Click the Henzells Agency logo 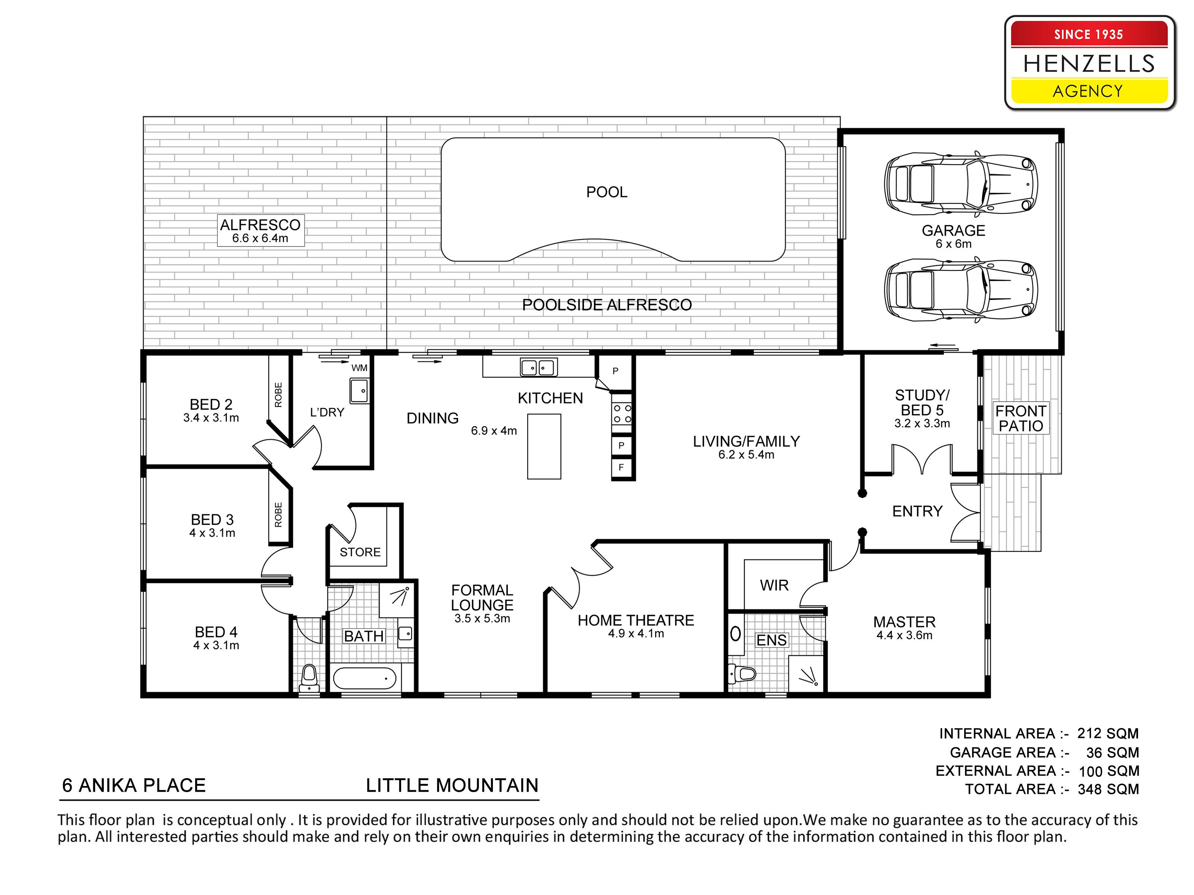click(x=1089, y=63)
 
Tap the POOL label click(x=607, y=192)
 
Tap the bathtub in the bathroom click(x=364, y=678)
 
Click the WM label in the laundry click(x=359, y=368)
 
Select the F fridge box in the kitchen click(x=621, y=467)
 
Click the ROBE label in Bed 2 click(x=278, y=395)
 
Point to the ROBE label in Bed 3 click(x=278, y=515)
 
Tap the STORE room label click(x=360, y=552)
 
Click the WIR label click(x=774, y=585)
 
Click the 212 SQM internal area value click(x=1108, y=734)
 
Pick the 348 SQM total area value click(x=1108, y=789)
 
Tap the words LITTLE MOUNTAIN click(x=452, y=785)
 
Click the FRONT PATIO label click(x=1021, y=418)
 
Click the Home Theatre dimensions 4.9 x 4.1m click(x=636, y=633)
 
